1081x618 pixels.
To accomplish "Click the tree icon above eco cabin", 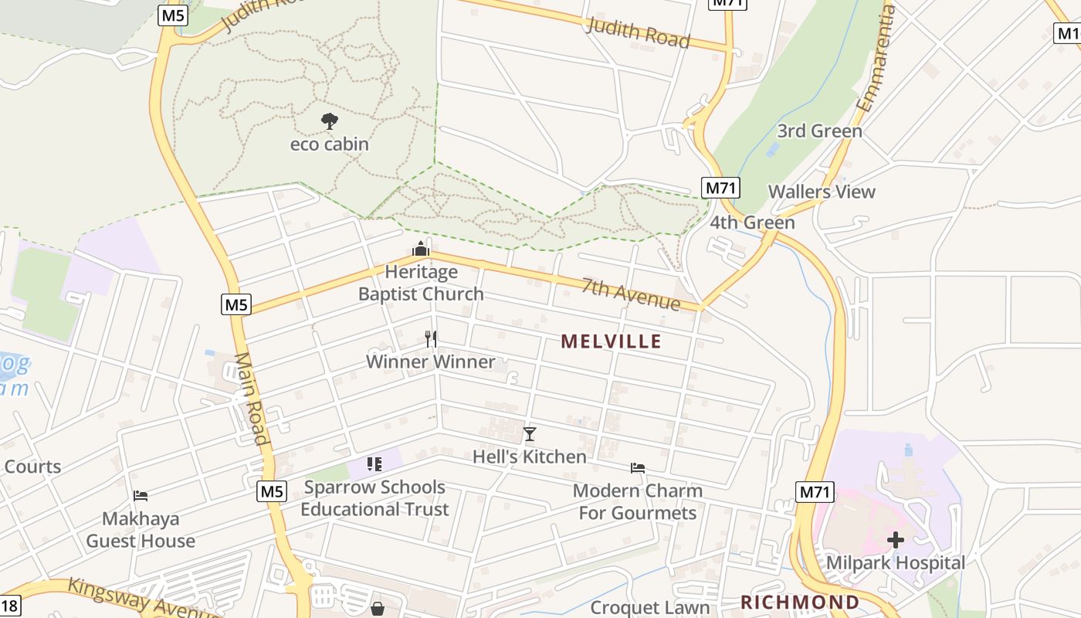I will [x=330, y=121].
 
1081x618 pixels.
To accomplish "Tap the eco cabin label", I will [x=330, y=144].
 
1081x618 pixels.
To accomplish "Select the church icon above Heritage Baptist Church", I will [x=421, y=249].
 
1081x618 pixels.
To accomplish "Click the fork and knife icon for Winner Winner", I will [x=431, y=338].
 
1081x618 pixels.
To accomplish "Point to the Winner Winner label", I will [x=431, y=362].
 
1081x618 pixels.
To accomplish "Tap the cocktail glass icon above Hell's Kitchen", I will [x=529, y=434].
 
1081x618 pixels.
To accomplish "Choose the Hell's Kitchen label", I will [x=530, y=457].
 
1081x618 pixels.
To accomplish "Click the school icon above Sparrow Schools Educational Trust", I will [x=374, y=464].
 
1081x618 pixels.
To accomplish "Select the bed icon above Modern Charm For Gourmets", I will [x=638, y=467].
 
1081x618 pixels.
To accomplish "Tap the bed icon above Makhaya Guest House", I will [x=141, y=495].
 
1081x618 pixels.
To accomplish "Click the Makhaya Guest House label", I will [x=141, y=529].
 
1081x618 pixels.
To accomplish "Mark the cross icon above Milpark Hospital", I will [x=896, y=540].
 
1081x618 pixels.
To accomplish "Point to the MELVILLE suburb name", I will [x=612, y=341].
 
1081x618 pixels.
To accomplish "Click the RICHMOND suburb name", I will [x=800, y=602].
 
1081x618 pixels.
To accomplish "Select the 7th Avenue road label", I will [x=632, y=294].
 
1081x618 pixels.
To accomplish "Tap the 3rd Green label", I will [x=819, y=131].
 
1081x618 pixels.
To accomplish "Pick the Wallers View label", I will [x=822, y=192].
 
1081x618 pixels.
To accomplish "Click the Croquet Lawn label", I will [x=649, y=608].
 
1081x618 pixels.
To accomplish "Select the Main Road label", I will [x=252, y=399].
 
